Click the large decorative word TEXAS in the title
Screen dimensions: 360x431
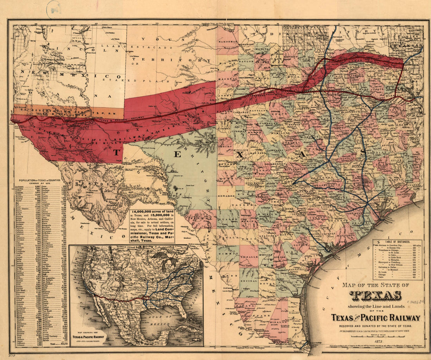click(375, 295)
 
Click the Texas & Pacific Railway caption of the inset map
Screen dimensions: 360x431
click(88, 336)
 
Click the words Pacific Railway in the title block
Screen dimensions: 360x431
click(394, 318)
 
